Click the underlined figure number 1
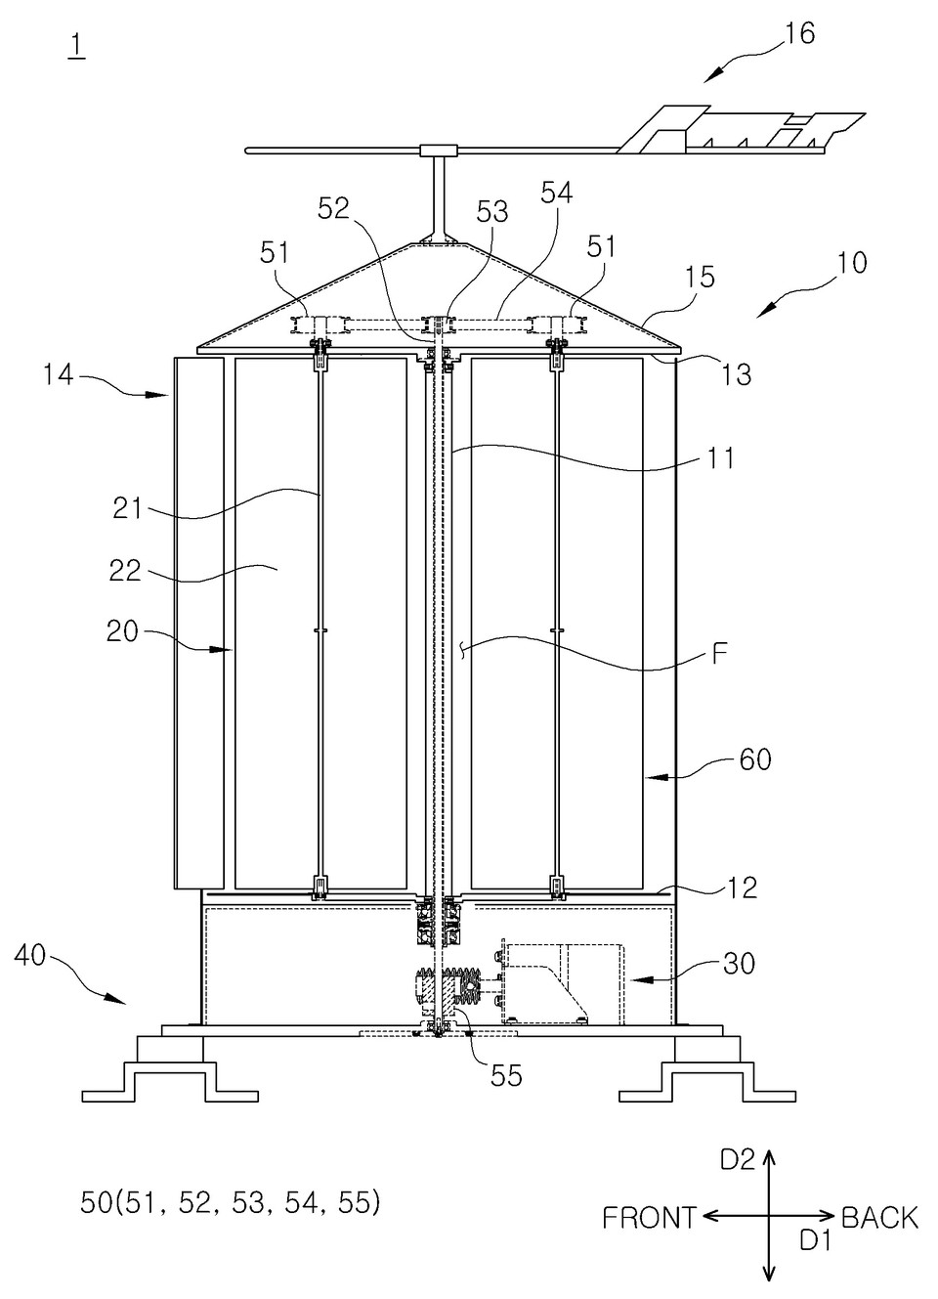pyautogui.click(x=76, y=46)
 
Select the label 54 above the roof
pyautogui.click(x=556, y=193)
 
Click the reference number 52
pyautogui.click(x=333, y=209)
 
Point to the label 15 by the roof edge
pyautogui.click(x=700, y=278)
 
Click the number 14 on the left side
pyautogui.click(x=58, y=374)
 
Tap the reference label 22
pyautogui.click(x=125, y=570)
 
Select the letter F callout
pyautogui.click(x=719, y=655)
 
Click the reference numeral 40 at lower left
pyautogui.click(x=30, y=955)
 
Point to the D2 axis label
pyautogui.click(x=738, y=1158)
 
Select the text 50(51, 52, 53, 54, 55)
pyautogui.click(x=231, y=1202)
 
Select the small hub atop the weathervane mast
pyautogui.click(x=439, y=151)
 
